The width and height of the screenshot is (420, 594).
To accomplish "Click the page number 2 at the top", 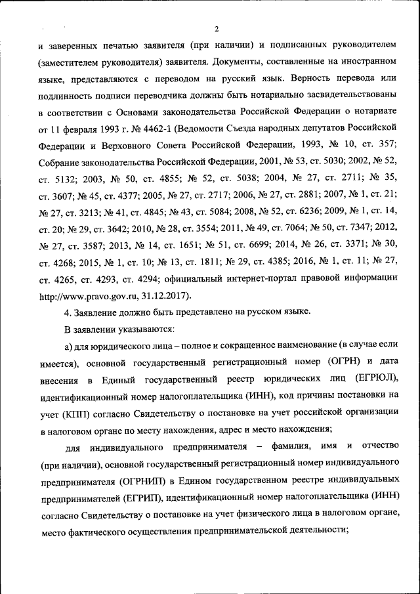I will [216, 28].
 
